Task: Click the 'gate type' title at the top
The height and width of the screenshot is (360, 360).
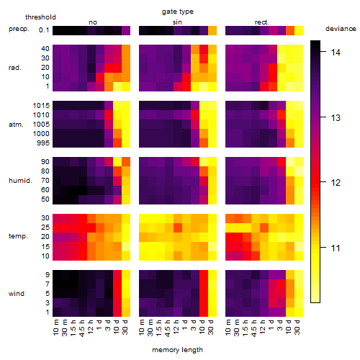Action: pos(178,12)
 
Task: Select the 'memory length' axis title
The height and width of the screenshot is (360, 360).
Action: pos(177,350)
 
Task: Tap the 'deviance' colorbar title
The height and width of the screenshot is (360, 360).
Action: pos(341,29)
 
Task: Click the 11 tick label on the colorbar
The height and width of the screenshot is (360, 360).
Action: pos(336,248)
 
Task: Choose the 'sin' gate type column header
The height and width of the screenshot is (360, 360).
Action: pos(177,22)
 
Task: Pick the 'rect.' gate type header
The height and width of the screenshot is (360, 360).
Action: pos(262,22)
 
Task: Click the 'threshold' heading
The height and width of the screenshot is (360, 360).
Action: pos(40,17)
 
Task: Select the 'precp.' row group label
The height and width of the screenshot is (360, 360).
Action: pos(19,29)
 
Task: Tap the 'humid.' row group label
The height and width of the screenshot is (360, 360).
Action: pos(20,180)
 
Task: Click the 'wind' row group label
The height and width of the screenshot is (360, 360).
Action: pos(17,294)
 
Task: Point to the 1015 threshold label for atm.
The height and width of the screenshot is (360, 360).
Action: pos(41,106)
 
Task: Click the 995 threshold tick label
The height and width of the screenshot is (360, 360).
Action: pos(43,143)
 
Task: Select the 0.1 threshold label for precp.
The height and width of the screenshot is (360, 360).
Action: pos(44,30)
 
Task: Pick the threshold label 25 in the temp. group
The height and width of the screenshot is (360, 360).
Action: pos(45,227)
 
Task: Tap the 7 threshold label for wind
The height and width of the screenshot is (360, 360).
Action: pos(48,284)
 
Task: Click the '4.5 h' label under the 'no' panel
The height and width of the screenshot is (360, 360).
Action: pos(81,328)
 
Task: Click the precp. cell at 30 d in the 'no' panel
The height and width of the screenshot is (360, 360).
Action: pos(126,30)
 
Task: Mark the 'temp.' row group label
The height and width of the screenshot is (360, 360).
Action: pos(18,236)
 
